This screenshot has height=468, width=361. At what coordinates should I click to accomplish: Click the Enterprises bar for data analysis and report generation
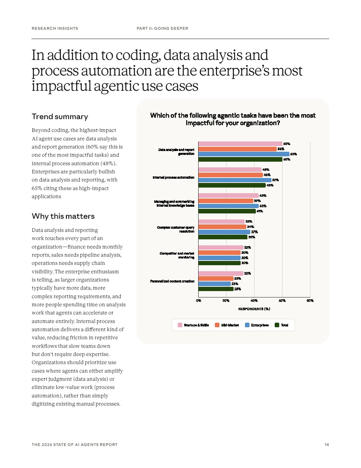coord(243,154)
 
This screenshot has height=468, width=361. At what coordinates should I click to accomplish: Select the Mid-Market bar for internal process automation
coord(230,175)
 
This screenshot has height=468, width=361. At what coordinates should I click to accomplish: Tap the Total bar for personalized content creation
coord(216,289)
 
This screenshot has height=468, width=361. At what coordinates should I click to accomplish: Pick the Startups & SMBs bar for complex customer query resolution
coord(221,222)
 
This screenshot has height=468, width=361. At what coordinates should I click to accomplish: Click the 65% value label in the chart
coord(293,154)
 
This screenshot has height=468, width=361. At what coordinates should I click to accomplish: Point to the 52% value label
coord(275,180)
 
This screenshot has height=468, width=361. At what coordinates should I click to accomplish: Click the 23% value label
coord(235,284)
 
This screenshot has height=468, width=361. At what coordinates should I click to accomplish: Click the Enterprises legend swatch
coord(247,325)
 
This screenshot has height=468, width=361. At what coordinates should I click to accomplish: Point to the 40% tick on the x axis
coord(254,301)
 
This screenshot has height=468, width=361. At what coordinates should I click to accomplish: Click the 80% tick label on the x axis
coord(310,301)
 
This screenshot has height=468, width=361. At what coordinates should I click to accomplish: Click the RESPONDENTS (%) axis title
coord(254,309)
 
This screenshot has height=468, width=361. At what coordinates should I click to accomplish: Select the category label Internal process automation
coord(173,177)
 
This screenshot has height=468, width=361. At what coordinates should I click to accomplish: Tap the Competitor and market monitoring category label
coord(177,255)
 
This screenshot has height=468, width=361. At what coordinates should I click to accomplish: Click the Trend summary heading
coord(60,117)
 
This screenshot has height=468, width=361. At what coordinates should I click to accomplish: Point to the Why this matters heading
coord(63,216)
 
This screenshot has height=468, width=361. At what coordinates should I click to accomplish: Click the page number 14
coord(327,445)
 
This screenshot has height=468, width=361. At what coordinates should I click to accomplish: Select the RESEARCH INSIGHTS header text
coord(55,28)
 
